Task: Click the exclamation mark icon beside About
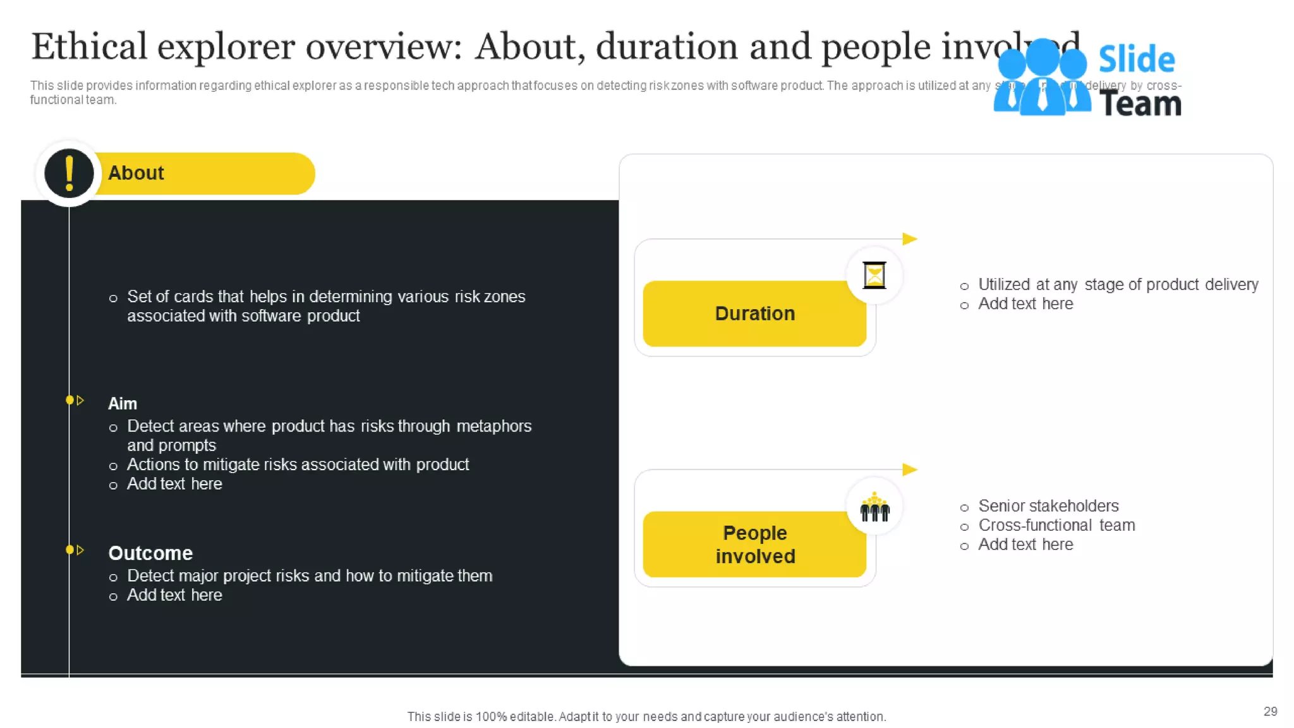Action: (69, 173)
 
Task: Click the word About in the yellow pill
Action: (136, 173)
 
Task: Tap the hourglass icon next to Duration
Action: (874, 276)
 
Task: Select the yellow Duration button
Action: (754, 313)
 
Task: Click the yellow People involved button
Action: (754, 544)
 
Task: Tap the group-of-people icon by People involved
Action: (874, 507)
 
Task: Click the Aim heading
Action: (123, 403)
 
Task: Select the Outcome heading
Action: (150, 553)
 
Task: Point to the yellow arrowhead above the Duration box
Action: (909, 239)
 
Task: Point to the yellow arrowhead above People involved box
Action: (909, 470)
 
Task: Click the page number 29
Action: (1270, 712)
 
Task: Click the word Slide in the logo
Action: (1136, 60)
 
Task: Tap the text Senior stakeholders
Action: (1048, 506)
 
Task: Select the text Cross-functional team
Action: (1056, 525)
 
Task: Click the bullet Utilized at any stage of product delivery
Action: (1118, 284)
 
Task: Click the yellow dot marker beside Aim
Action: (70, 400)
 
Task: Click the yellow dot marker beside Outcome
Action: (70, 550)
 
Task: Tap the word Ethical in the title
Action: (88, 47)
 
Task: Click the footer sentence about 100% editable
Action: (646, 717)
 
